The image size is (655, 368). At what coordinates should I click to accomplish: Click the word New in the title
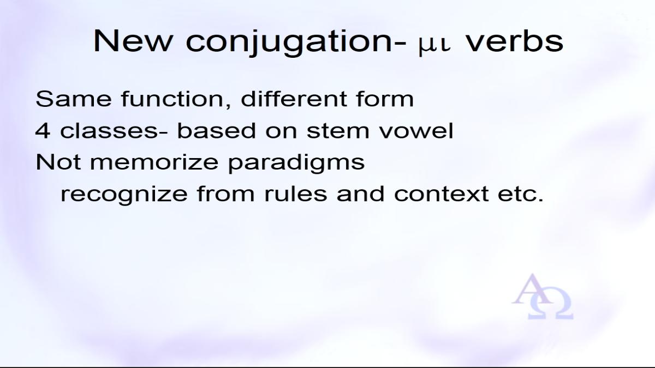point(133,41)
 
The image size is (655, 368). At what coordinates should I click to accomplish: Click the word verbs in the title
point(514,41)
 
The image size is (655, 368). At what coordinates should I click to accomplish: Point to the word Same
point(74,99)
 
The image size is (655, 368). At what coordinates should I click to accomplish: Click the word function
point(176,99)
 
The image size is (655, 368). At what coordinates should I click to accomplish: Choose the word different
point(294,99)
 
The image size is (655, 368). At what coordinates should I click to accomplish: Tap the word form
point(385,99)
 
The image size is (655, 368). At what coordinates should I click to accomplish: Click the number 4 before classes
point(43,130)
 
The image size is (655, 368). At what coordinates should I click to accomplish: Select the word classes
point(109,130)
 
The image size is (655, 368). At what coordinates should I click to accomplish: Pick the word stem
point(338,131)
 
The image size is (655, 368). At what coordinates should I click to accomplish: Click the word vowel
point(416,130)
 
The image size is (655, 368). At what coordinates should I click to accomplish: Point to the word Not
point(58,162)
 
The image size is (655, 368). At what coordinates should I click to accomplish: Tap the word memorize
point(154,162)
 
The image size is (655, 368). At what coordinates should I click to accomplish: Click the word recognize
point(124,195)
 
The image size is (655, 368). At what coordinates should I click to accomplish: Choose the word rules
point(296,194)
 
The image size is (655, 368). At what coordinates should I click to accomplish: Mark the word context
point(441,194)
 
